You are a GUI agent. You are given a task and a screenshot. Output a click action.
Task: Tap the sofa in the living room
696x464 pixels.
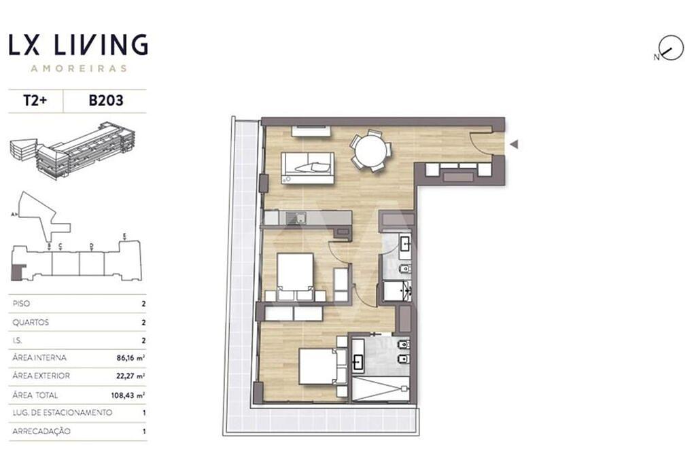click(307, 168)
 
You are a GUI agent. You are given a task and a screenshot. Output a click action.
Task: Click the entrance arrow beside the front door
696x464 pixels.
click(514, 144)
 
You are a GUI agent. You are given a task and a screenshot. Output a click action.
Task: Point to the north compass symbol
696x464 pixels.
click(670, 48)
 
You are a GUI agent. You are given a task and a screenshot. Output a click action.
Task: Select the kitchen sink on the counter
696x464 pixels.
click(296, 218)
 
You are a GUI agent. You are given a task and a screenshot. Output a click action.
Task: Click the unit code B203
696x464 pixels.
click(106, 101)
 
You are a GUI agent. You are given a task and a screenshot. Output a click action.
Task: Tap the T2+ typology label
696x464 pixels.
click(35, 101)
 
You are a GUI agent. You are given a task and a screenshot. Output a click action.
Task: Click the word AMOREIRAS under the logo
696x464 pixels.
click(79, 69)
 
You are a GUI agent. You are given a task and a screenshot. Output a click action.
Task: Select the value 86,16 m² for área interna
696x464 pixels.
click(130, 357)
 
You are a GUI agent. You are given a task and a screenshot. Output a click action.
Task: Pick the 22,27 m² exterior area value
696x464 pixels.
click(130, 376)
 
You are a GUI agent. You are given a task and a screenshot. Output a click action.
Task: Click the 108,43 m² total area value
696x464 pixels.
click(128, 395)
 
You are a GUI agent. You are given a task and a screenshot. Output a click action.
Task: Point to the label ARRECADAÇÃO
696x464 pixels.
click(41, 431)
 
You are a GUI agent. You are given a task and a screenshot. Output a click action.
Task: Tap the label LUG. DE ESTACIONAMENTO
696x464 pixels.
click(62, 412)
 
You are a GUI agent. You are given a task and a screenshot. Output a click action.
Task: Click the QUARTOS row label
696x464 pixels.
click(31, 322)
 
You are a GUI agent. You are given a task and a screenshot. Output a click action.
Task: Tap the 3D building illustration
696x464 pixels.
click(72, 150)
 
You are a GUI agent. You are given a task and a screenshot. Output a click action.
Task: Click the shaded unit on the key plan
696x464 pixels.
click(16, 272)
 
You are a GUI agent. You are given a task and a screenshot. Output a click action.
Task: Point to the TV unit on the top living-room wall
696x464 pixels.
click(311, 131)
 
